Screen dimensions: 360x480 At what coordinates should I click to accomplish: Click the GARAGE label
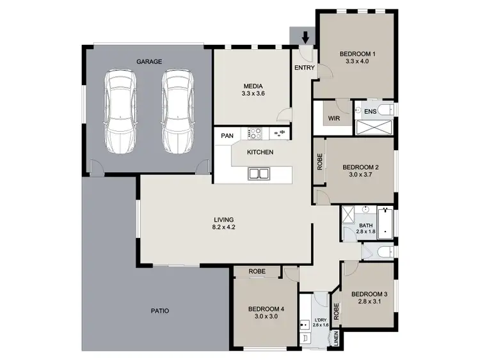(x=148, y=62)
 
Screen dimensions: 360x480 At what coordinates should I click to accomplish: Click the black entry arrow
(x=305, y=38)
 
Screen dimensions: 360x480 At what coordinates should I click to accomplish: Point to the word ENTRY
(x=304, y=67)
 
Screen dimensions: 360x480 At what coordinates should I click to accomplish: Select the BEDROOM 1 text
(x=357, y=53)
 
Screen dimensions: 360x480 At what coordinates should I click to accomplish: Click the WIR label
(x=333, y=118)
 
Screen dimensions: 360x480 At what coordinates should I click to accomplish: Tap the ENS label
(x=370, y=112)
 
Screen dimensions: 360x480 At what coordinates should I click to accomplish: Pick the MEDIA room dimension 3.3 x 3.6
(x=253, y=93)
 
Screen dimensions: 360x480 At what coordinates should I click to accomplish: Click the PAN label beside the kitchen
(x=227, y=136)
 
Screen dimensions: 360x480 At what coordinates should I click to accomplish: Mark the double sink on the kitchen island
(x=259, y=173)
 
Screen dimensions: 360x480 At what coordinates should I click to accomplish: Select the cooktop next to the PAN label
(x=254, y=134)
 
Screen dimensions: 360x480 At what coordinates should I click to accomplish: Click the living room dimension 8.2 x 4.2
(x=224, y=227)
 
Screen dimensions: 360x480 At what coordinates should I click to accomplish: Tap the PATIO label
(x=160, y=311)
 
